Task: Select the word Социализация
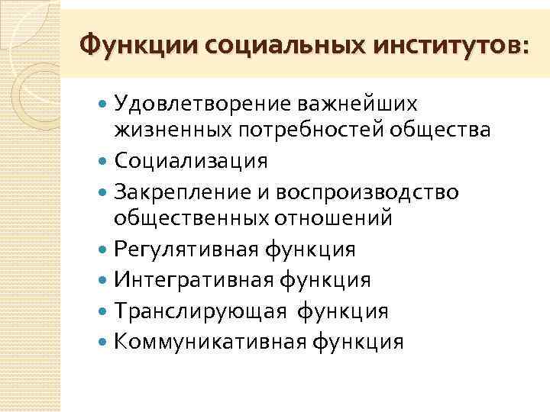[191, 161]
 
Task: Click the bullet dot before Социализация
[103, 162]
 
